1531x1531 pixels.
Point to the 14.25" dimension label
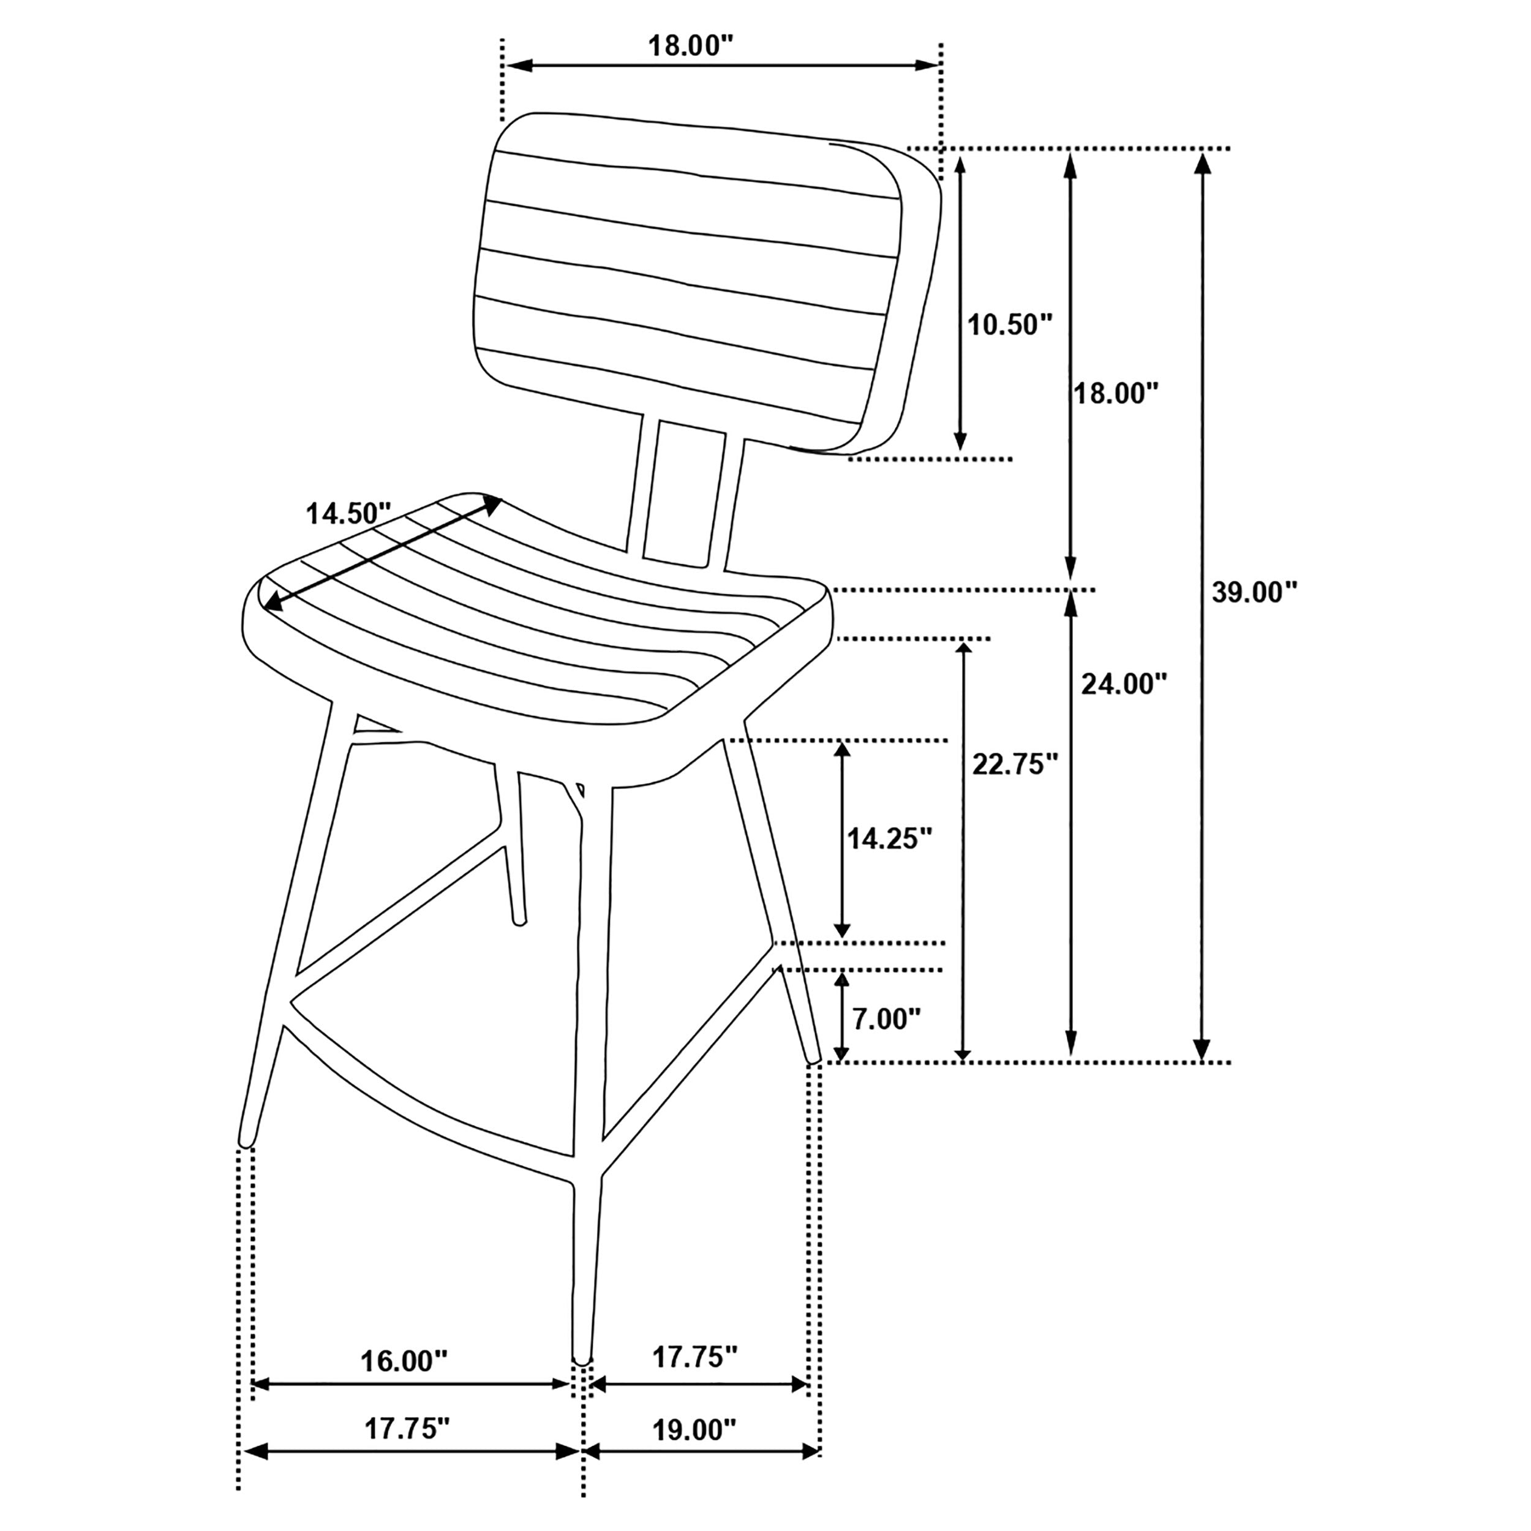889,838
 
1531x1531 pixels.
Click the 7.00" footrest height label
886,1019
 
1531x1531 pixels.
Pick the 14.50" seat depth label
348,514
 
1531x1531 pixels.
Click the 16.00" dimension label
404,1361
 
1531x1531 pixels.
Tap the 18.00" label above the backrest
687,46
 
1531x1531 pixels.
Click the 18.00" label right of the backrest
1116,393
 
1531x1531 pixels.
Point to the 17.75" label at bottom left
407,1429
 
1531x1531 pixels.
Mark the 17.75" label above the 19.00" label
695,1358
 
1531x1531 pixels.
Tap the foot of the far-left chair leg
246,1141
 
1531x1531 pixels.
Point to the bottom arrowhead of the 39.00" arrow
1202,1050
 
